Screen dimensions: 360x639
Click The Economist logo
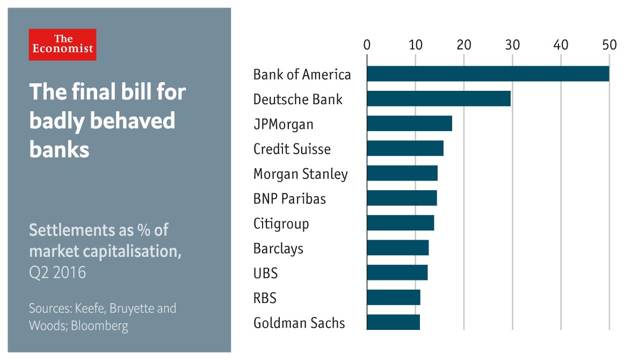pos(62,45)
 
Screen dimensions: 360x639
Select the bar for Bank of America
pos(488,74)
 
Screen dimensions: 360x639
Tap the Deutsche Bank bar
pos(438,99)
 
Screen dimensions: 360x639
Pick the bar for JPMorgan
pos(409,124)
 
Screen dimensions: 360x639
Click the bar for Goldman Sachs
pos(393,322)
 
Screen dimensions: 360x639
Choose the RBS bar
pos(393,298)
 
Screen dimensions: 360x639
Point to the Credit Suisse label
pos(292,149)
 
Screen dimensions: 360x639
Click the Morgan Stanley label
pos(300,174)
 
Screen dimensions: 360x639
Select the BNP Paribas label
pos(289,199)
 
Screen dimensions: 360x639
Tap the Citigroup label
pos(281,224)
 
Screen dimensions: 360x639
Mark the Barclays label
pos(278,249)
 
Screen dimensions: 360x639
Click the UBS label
pos(265,273)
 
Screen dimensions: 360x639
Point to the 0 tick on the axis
pos(367,45)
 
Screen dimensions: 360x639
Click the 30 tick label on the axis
pos(512,45)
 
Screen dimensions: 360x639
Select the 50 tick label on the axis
pos(609,45)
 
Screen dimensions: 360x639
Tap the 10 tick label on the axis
pos(415,45)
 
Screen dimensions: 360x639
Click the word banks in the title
pos(59,149)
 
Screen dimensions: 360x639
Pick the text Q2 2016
pos(57,272)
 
